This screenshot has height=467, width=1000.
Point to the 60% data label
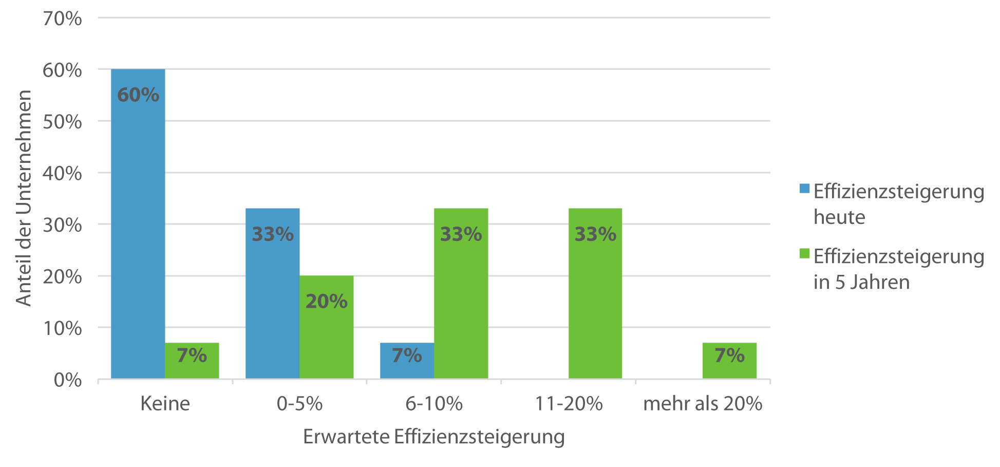pos(138,95)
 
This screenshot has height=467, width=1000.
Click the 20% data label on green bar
pos(326,302)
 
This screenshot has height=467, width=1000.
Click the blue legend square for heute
pos(804,189)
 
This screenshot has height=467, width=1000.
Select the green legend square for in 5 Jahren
pos(804,253)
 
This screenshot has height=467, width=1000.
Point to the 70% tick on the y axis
pos(63,18)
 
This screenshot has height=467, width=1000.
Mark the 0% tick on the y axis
pos(68,380)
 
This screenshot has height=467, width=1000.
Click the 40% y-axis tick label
pos(63,174)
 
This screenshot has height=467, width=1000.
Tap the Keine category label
pos(165,404)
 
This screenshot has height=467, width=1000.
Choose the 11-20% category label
pos(569,404)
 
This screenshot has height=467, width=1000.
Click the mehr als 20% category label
pos(703,404)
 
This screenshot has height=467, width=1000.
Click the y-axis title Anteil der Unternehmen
pos(24,198)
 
